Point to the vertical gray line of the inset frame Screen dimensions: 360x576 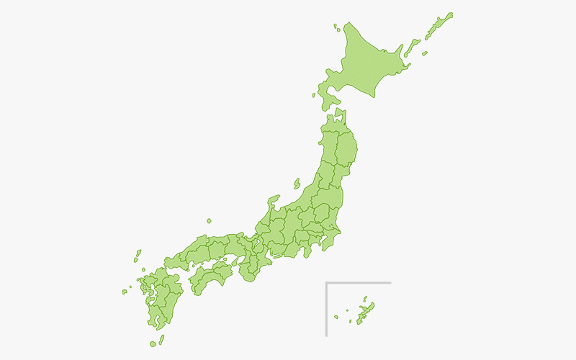pos(326,310)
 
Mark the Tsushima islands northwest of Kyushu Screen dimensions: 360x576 pos(137,256)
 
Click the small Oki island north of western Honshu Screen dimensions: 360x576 pos(209,221)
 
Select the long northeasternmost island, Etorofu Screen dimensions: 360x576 pos(438,26)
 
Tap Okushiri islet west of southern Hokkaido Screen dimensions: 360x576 pos(314,95)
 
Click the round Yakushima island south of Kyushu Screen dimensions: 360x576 pos(153,344)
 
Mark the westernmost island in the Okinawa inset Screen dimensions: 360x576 pos(335,317)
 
